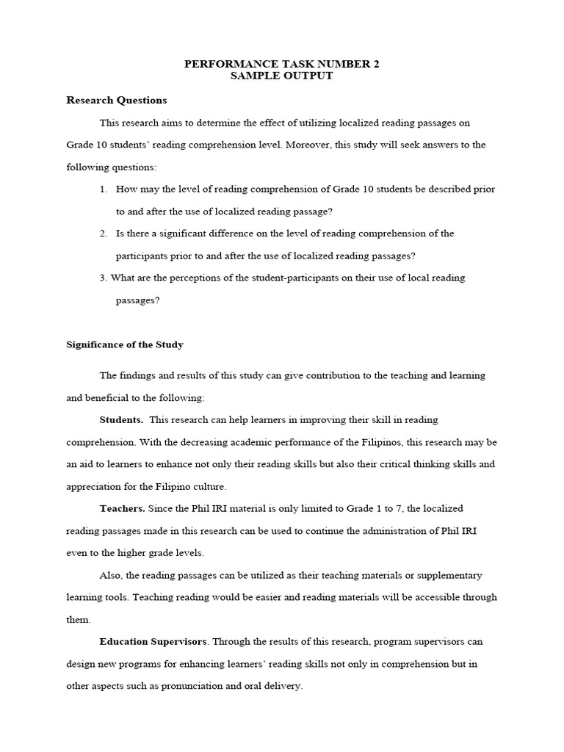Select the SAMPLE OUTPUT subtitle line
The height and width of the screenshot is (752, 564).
tap(281, 76)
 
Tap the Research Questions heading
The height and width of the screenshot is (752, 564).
tap(117, 100)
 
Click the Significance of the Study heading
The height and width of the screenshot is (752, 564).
tap(125, 344)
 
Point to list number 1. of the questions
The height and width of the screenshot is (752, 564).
tap(104, 189)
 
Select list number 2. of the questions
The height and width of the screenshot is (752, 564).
tap(104, 234)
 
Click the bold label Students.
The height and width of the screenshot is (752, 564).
tap(121, 419)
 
